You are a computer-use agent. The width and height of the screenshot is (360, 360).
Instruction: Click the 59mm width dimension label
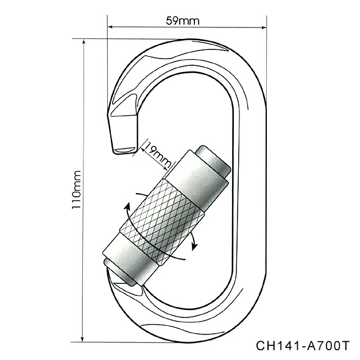tap(183, 21)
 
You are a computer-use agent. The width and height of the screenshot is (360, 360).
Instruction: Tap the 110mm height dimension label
tap(77, 189)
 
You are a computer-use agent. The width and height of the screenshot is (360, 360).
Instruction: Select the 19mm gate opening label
tap(158, 155)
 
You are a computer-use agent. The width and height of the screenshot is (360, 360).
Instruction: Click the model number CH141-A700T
tap(303, 346)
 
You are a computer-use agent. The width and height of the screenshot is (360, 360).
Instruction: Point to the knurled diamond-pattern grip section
tap(162, 222)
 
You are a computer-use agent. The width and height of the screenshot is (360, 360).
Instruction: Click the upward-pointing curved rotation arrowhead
tap(127, 206)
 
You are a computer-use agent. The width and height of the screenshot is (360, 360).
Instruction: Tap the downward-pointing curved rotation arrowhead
tap(195, 246)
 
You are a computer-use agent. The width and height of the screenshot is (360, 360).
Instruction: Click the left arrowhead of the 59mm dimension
tap(110, 27)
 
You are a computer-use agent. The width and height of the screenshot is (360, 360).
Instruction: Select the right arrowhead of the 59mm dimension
tap(264, 28)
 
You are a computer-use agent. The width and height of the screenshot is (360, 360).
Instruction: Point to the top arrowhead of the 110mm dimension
tap(84, 41)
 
